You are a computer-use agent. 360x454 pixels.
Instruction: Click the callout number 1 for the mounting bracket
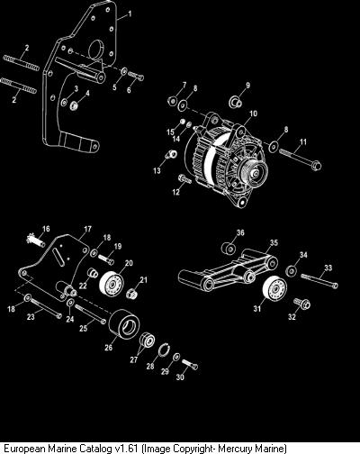tap(130, 14)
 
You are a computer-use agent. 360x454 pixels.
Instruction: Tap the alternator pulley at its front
tap(256, 172)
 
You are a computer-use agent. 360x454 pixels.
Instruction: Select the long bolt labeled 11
tap(301, 159)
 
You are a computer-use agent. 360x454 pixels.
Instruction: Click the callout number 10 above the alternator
tap(254, 113)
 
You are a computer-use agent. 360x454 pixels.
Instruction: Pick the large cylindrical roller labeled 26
tap(124, 325)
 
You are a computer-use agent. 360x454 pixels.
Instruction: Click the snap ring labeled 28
tap(164, 351)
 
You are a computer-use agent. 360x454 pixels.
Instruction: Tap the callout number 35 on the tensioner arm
tap(274, 242)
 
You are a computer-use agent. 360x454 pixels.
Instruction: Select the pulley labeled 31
tap(274, 288)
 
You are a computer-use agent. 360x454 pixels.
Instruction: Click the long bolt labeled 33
tap(319, 281)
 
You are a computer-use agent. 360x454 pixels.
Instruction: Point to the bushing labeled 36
tap(229, 249)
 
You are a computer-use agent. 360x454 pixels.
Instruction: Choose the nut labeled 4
tap(74, 105)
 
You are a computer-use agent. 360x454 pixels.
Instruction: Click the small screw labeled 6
tap(136, 76)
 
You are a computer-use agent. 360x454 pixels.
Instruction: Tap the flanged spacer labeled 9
tap(236, 102)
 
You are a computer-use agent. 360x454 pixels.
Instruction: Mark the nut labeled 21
tap(131, 293)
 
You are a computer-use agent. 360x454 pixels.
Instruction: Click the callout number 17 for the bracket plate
tap(87, 229)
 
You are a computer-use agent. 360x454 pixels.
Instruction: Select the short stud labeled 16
tap(36, 241)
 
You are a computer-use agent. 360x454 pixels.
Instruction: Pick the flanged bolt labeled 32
tap(301, 304)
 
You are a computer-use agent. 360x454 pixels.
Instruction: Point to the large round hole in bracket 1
tap(96, 50)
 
